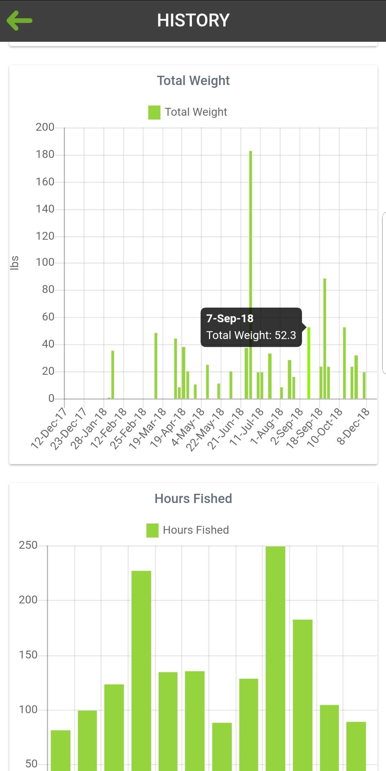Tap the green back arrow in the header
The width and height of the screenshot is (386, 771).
click(20, 20)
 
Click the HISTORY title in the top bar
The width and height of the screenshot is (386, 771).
click(193, 20)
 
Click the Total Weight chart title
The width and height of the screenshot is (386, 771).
click(193, 81)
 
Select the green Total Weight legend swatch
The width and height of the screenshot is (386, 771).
click(154, 112)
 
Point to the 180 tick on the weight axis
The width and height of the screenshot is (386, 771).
click(45, 154)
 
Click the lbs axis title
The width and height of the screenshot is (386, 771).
click(14, 263)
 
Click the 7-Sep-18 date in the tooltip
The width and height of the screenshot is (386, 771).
click(230, 318)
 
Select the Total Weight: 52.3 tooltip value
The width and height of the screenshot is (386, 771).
click(251, 335)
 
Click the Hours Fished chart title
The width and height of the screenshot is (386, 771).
click(193, 498)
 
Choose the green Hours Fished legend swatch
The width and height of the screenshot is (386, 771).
click(152, 530)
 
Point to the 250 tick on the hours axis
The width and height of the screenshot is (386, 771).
click(28, 545)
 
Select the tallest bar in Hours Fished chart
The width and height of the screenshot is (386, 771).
click(275, 657)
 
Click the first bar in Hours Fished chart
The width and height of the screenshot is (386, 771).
click(60, 750)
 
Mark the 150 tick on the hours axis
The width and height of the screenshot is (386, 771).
click(28, 655)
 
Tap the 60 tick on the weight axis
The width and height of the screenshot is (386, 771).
click(48, 317)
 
